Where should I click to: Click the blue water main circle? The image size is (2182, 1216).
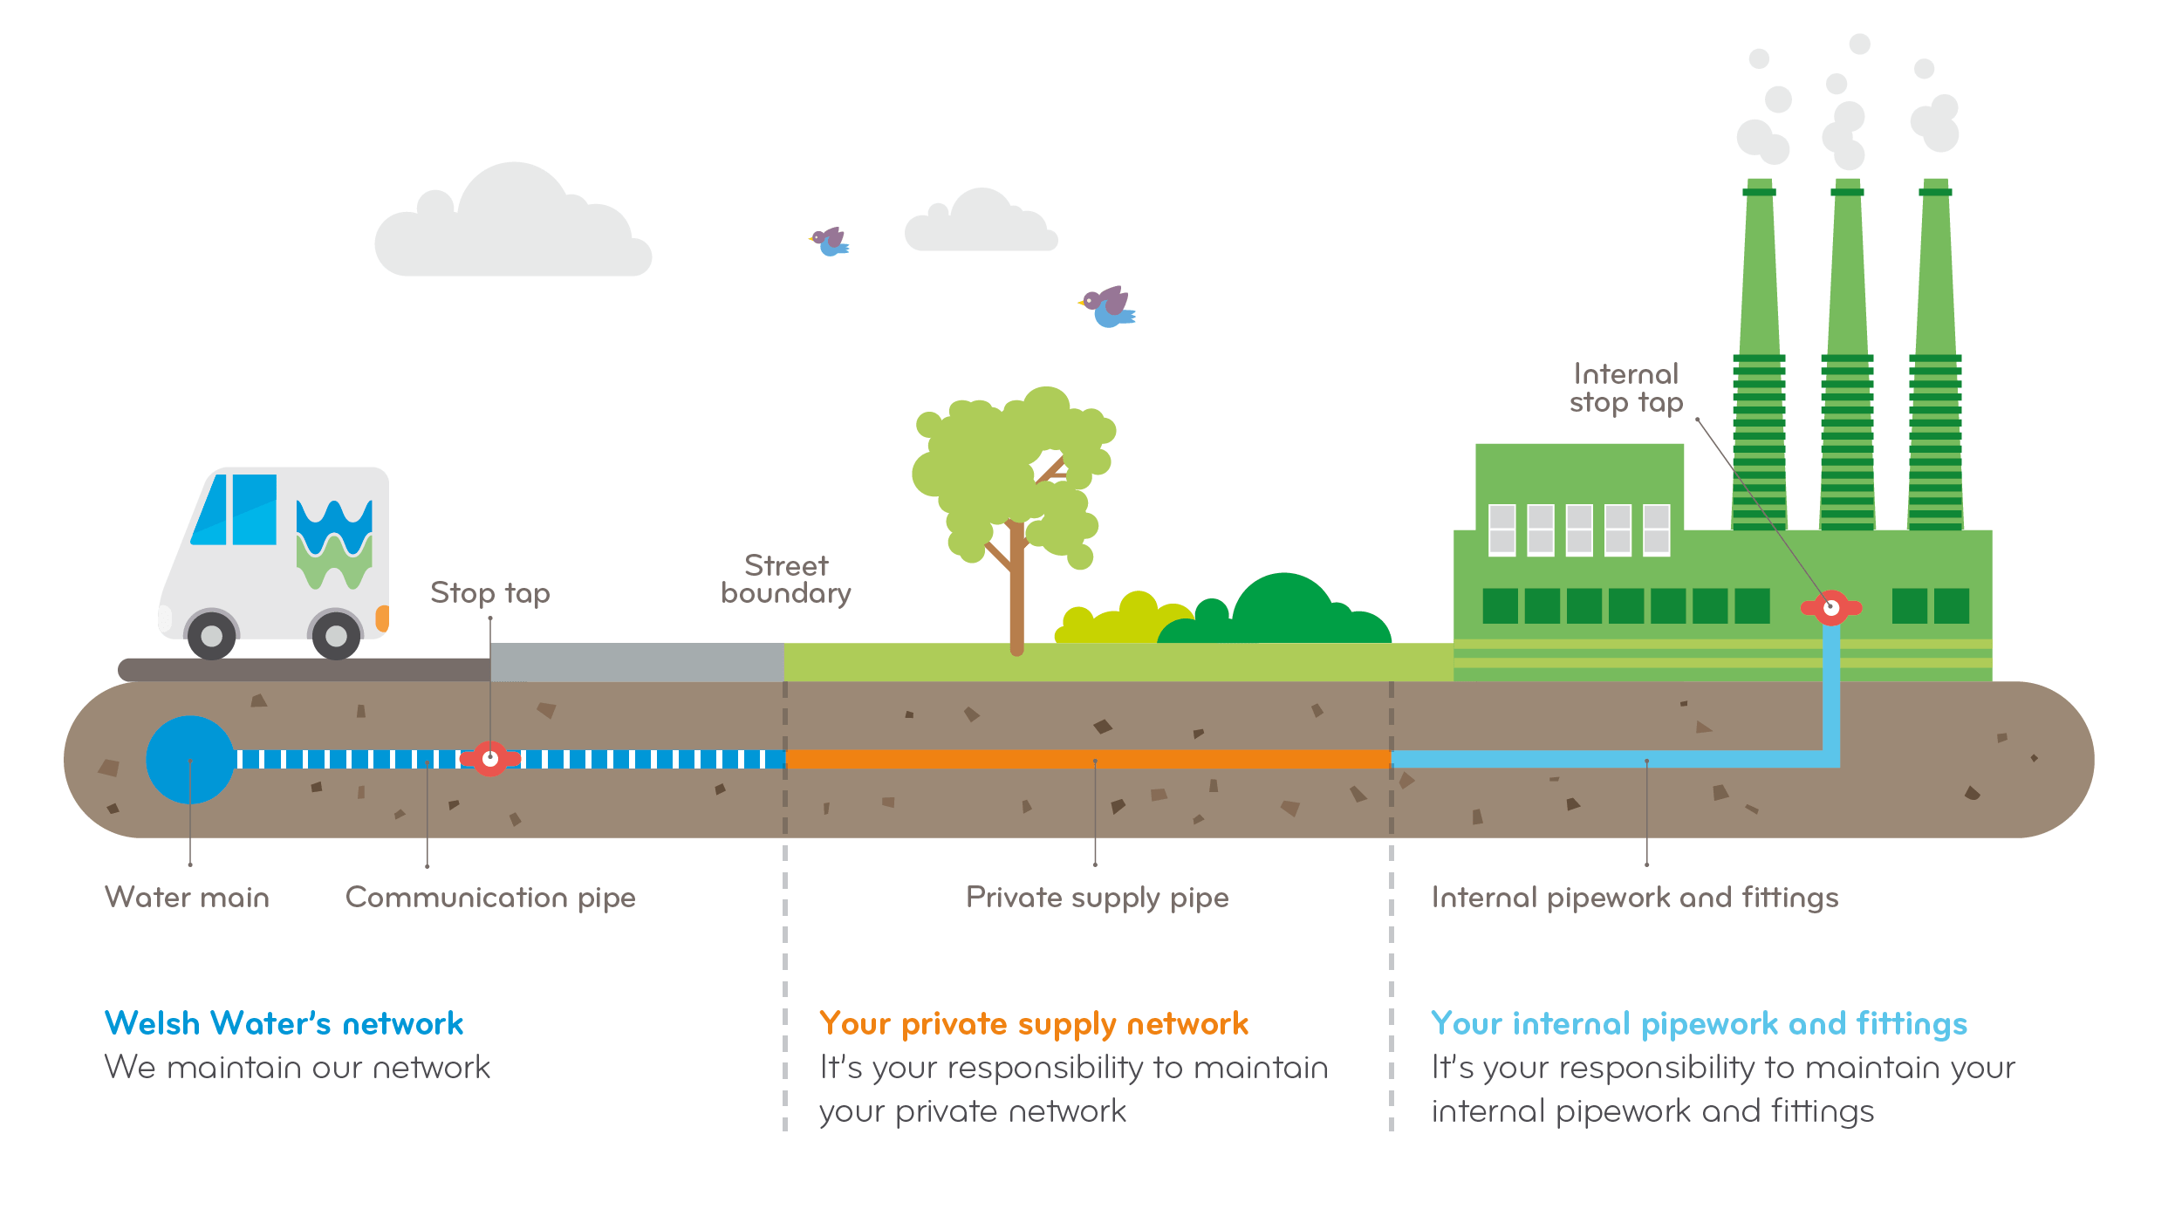point(190,760)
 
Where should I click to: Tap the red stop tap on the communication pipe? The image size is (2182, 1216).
point(490,759)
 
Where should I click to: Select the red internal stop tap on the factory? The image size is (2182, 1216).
point(1831,607)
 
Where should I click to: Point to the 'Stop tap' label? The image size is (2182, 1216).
point(489,593)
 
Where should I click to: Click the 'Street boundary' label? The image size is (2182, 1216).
point(785,579)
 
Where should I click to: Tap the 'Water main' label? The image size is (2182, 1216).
point(187,898)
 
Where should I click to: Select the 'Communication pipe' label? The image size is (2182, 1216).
point(489,898)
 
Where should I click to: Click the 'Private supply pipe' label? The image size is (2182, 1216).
point(1097,898)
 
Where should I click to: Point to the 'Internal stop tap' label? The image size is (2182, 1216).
point(1625,388)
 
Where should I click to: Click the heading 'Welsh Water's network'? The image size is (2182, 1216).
point(284,1023)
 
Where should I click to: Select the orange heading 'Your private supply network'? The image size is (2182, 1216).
point(1034,1023)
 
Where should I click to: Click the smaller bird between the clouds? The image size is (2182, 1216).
point(830,242)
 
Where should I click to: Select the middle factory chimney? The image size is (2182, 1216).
point(1847,349)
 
